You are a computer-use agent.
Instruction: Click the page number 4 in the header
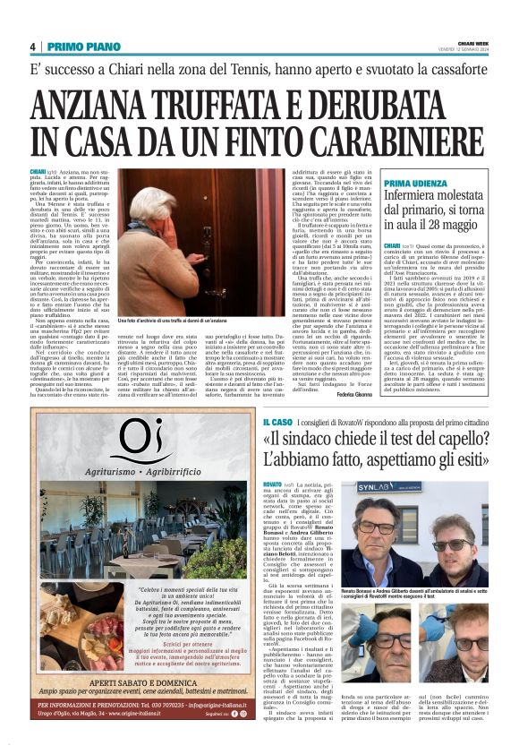[32, 47]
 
